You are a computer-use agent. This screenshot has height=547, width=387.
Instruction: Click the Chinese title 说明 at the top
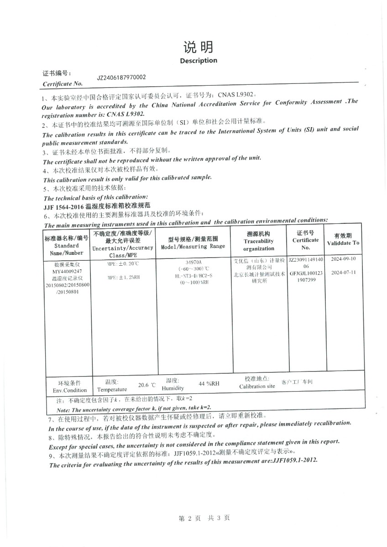(198, 47)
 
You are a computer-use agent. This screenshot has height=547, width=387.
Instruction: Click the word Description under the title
(199, 61)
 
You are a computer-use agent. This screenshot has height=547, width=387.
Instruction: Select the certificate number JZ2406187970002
(121, 77)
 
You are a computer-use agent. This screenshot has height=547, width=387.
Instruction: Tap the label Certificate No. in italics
(63, 84)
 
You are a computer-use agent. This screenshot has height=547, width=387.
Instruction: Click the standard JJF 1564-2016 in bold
(61, 206)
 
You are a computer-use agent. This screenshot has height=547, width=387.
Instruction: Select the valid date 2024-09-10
(343, 258)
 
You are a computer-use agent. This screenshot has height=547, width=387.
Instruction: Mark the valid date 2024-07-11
(343, 272)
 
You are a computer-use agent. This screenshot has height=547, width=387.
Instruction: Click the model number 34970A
(194, 263)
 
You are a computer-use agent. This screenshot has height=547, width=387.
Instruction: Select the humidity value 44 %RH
(209, 384)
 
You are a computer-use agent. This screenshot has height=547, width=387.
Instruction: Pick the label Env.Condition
(69, 390)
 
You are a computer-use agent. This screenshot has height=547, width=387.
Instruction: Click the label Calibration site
(257, 387)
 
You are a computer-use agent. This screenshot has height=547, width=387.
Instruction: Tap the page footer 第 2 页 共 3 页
(204, 518)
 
